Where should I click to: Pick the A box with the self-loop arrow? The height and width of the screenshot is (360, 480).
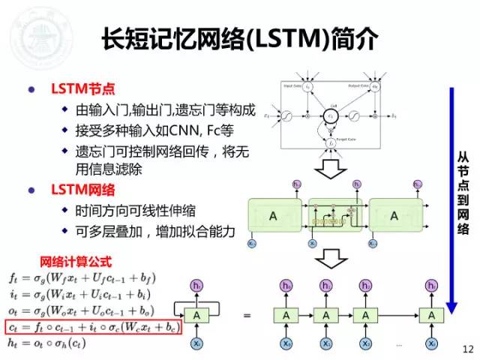[197, 316]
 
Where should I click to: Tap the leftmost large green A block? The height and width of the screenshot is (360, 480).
[273, 216]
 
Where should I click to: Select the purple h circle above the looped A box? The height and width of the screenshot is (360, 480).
[197, 286]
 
